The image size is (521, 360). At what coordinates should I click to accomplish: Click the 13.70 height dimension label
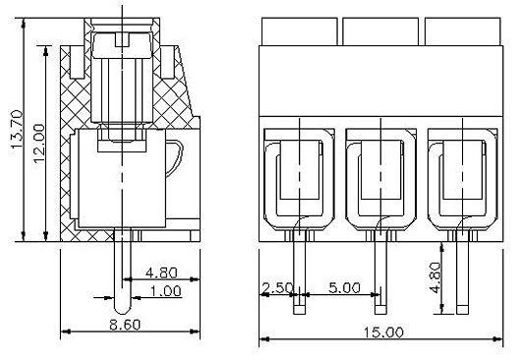click(17, 129)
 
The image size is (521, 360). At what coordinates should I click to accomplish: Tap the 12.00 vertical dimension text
click(39, 143)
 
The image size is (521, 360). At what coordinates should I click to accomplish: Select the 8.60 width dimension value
click(125, 325)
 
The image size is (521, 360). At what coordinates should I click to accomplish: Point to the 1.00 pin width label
click(166, 291)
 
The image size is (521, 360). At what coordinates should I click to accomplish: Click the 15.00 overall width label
click(383, 332)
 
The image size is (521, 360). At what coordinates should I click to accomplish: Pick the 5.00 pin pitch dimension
click(344, 287)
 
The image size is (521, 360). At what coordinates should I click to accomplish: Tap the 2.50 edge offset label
click(277, 288)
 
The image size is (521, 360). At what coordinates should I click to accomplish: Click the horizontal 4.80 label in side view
click(162, 272)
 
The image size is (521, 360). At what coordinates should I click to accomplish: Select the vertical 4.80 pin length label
click(435, 277)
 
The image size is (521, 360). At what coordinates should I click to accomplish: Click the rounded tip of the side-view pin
click(122, 310)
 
